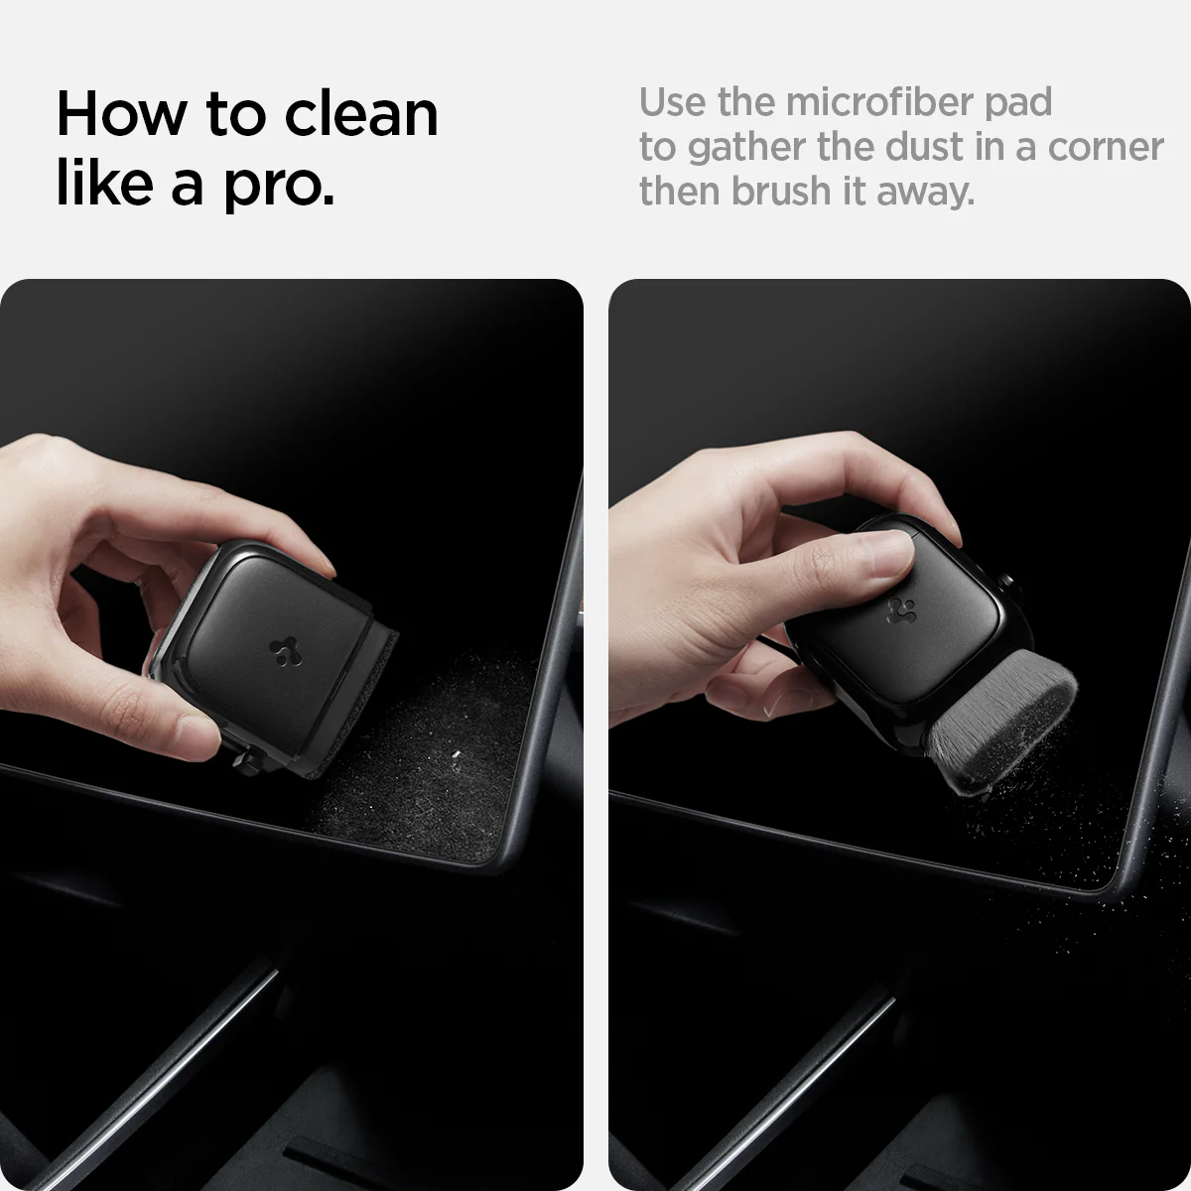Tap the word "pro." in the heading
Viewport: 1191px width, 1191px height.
278,186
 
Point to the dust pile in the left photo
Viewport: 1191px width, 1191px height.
437,754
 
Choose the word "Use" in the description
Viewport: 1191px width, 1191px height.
674,101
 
